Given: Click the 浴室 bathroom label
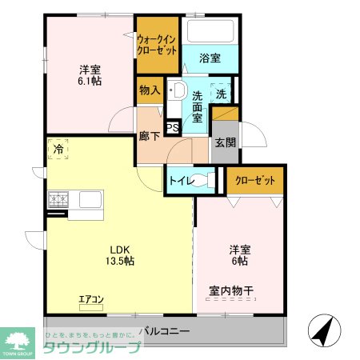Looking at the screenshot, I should [x=209, y=58].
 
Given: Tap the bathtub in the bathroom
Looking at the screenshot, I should [x=210, y=31].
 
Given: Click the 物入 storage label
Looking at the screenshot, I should [x=150, y=90].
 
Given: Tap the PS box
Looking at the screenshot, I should [x=171, y=126].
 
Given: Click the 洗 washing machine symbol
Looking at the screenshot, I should [x=222, y=93].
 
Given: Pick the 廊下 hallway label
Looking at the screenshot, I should [x=150, y=136].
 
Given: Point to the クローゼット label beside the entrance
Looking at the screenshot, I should [x=255, y=180].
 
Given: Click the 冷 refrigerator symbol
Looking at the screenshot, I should [x=58, y=148].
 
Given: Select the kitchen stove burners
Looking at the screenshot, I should [x=59, y=199].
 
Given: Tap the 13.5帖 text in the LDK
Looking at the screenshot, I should [x=118, y=261].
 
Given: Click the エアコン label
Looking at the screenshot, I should [x=90, y=300].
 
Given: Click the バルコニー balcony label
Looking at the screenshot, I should [x=164, y=330].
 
